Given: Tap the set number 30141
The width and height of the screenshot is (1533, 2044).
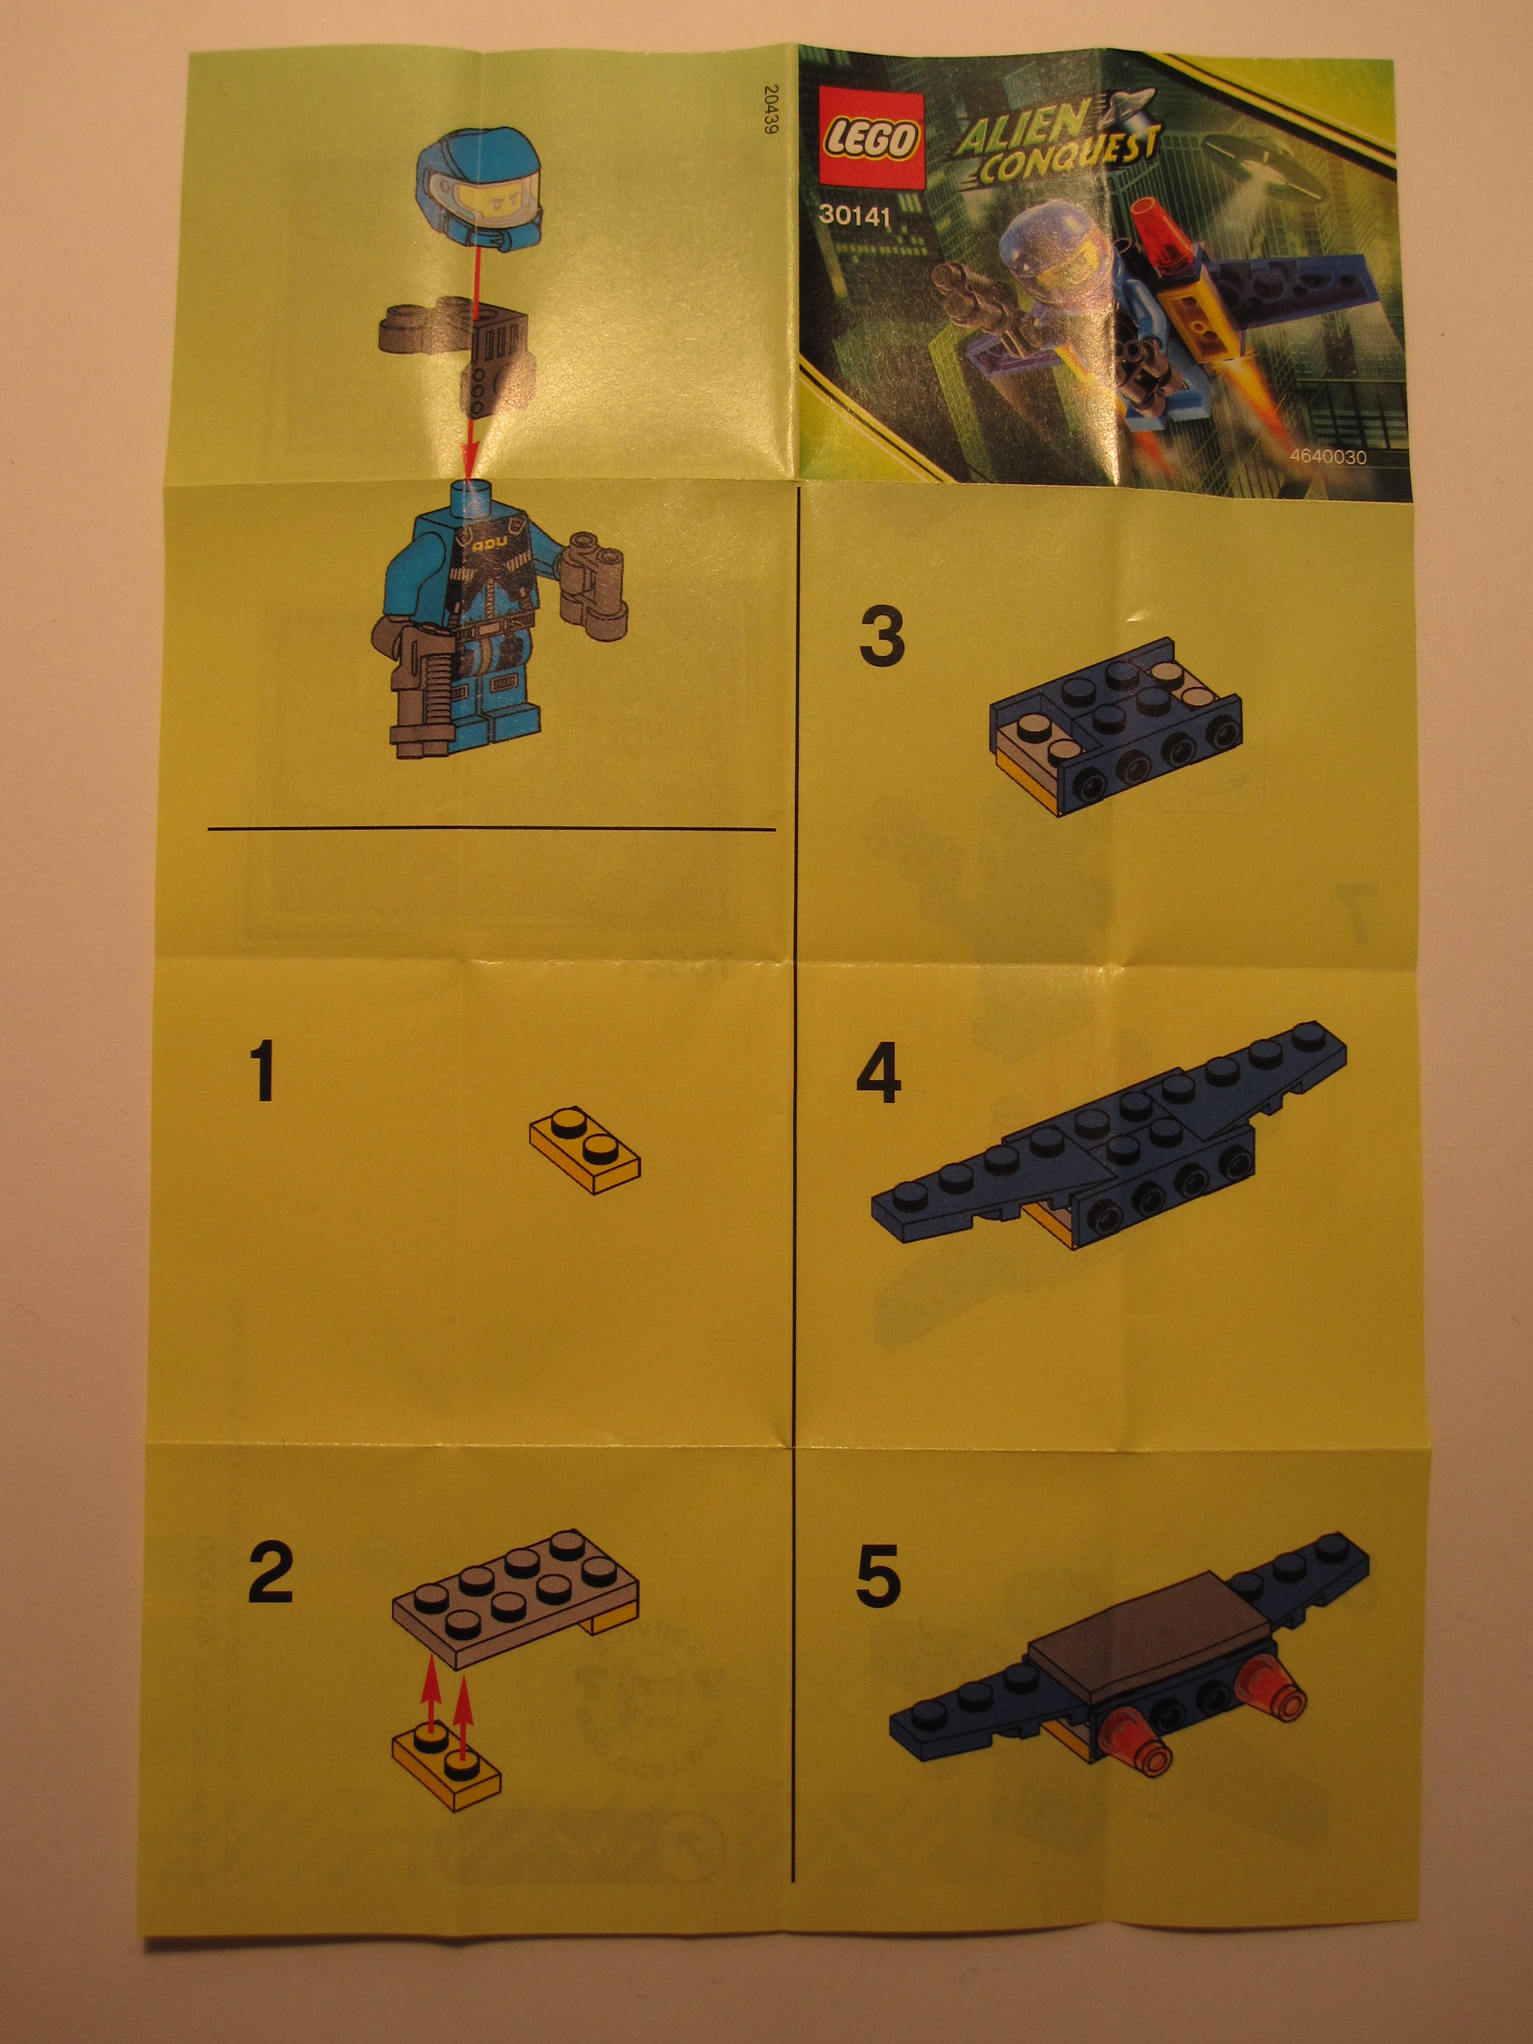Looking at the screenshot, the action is coord(854,217).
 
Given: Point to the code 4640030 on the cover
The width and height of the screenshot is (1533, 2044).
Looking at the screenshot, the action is coord(1328,457).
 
